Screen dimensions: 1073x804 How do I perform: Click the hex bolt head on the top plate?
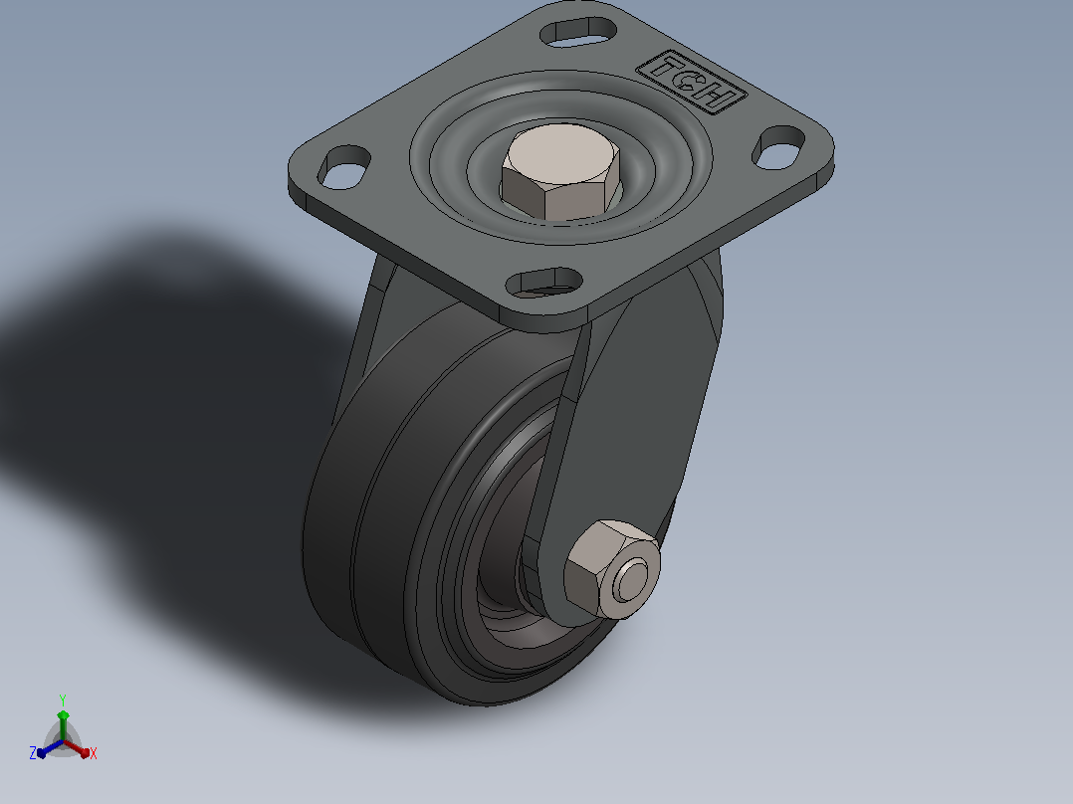tap(560, 172)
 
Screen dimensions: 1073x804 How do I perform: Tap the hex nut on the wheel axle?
tap(611, 569)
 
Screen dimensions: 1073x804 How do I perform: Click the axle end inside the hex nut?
tap(631, 580)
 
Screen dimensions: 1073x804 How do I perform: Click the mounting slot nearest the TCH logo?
tap(578, 32)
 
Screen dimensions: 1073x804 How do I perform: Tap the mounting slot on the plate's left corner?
tap(344, 167)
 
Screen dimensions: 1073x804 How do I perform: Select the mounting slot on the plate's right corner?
tap(778, 147)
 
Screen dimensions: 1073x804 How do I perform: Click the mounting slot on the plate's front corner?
tap(544, 283)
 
